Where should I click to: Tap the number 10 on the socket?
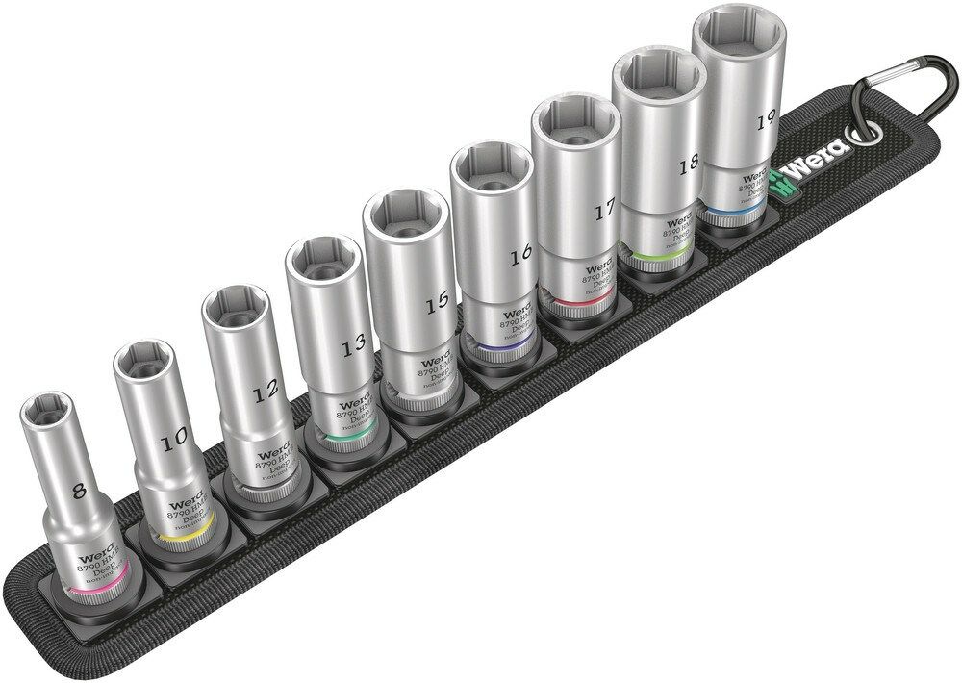click(x=174, y=442)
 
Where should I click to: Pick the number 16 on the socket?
click(x=521, y=255)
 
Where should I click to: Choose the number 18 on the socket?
click(x=687, y=166)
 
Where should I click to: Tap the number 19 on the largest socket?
click(x=766, y=121)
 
